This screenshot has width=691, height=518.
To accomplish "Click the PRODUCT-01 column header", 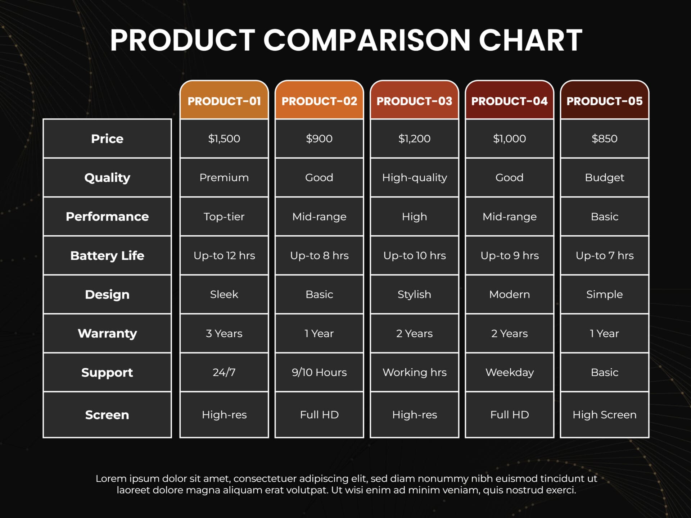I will pyautogui.click(x=224, y=101).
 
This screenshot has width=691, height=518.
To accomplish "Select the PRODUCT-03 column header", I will pyautogui.click(x=414, y=101).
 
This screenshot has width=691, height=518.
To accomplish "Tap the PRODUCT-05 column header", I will pyautogui.click(x=604, y=101).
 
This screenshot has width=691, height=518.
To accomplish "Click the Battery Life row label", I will pyautogui.click(x=107, y=255).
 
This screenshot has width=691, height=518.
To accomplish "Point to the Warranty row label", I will pyautogui.click(x=107, y=333).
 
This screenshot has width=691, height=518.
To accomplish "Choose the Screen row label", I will pyautogui.click(x=107, y=415).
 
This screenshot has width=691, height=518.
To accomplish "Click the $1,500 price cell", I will pyautogui.click(x=224, y=138).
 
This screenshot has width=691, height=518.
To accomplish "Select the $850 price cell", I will pyautogui.click(x=604, y=138).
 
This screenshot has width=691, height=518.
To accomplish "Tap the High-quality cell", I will pyautogui.click(x=414, y=177).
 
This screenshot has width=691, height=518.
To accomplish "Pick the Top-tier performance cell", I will pyautogui.click(x=224, y=217).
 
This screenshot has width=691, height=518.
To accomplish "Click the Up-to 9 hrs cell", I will pyautogui.click(x=509, y=255).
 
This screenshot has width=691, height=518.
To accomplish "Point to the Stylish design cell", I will pyautogui.click(x=414, y=294).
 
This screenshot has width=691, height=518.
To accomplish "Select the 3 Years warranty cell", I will pyautogui.click(x=224, y=333).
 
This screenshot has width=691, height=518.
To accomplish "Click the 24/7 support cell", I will pyautogui.click(x=224, y=372).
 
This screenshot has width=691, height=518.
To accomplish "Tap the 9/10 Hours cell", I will pyautogui.click(x=319, y=372).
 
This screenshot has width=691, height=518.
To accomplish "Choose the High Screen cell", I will pyautogui.click(x=604, y=415).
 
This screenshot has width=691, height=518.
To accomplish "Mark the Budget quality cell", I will pyautogui.click(x=604, y=177).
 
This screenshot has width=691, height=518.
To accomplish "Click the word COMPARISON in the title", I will pyautogui.click(x=367, y=40).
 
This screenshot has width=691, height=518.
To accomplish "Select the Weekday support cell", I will pyautogui.click(x=509, y=372).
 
